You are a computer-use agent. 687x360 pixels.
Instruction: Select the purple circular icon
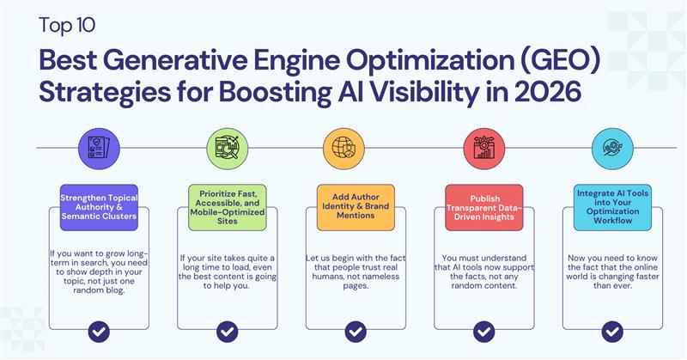(x=99, y=146)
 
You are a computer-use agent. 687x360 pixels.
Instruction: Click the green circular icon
(x=228, y=146)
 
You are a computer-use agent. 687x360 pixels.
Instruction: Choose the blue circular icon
(x=612, y=146)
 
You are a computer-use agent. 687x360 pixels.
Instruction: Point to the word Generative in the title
(x=173, y=60)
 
